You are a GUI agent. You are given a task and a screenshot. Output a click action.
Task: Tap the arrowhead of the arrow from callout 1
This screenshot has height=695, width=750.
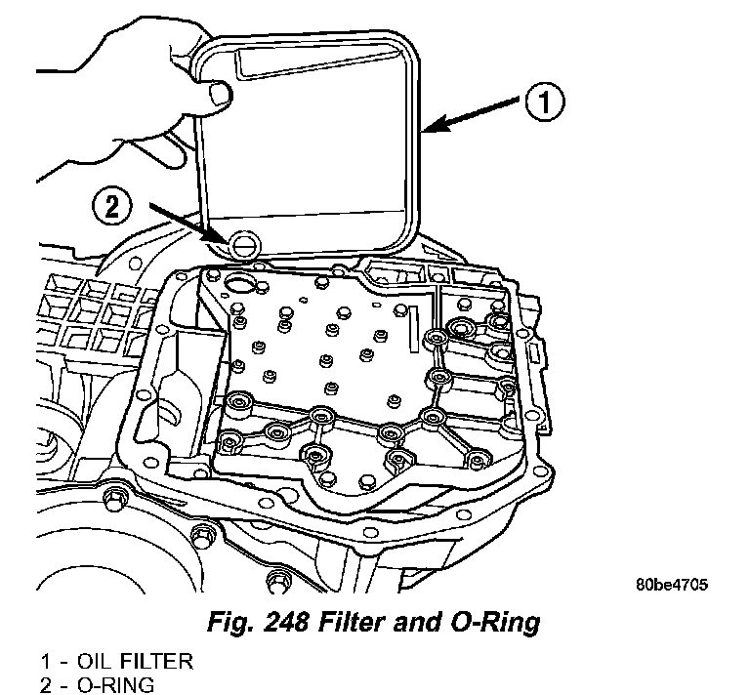[x=427, y=128]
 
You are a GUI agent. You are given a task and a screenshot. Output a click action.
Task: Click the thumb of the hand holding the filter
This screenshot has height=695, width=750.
[x=220, y=96]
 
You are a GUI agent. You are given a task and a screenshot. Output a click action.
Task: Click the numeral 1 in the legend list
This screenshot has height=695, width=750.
[x=45, y=662]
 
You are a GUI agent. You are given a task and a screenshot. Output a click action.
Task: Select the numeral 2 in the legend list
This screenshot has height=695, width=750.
[x=45, y=685]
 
